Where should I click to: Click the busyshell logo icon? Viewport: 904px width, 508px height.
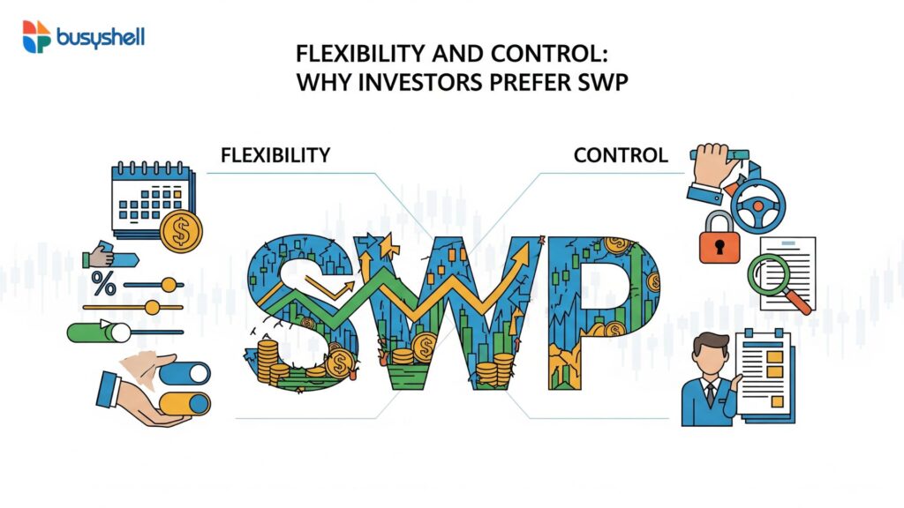[37, 37]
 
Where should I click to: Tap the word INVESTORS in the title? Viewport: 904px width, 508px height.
[419, 82]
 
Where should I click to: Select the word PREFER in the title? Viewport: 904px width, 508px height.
[530, 82]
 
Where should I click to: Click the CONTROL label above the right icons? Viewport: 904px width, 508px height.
[621, 155]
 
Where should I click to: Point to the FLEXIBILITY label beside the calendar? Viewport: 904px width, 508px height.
[275, 155]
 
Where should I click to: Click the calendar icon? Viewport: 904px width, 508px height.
[153, 199]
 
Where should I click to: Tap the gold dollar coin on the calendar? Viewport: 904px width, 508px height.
[181, 232]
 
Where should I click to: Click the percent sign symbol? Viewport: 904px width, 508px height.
[104, 284]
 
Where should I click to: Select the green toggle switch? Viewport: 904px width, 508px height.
[99, 332]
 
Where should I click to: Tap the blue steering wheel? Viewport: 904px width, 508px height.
[757, 205]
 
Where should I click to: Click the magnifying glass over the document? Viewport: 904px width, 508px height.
[776, 281]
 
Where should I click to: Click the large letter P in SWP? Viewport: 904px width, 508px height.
[603, 311]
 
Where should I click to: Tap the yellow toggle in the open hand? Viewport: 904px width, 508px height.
[185, 404]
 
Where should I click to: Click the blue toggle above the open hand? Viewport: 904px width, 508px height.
[185, 374]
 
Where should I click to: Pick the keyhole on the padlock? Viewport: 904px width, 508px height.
[719, 247]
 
